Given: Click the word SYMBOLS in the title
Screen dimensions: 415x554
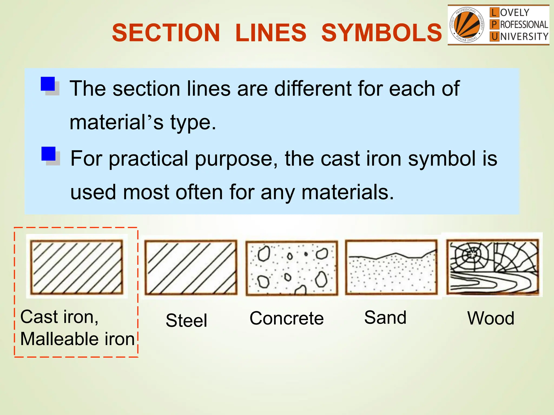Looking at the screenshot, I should coord(381,33).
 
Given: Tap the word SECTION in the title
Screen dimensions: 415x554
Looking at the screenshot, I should coord(166,33).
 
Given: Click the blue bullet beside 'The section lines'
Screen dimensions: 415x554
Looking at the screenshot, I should coord(48,84).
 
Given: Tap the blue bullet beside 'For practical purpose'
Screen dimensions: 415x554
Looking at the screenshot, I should coord(49,154).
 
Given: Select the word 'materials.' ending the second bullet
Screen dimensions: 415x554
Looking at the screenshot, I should coord(348,192).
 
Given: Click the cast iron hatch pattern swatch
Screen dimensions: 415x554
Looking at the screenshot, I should coord(77,267).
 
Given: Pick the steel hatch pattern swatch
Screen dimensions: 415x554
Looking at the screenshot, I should coord(191,267).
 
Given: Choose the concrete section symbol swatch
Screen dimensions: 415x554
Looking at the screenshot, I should coord(292,268).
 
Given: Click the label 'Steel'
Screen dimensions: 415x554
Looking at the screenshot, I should coord(186,320).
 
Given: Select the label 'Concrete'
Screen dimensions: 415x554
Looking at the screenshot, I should coord(286,318).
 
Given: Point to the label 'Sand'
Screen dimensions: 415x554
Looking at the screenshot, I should coord(385,317).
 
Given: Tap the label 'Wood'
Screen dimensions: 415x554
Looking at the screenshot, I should coord(491,318).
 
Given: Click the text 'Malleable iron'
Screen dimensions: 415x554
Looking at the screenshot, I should coord(77,339).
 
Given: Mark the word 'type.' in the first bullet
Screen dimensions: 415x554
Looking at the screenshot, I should coord(193,122).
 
